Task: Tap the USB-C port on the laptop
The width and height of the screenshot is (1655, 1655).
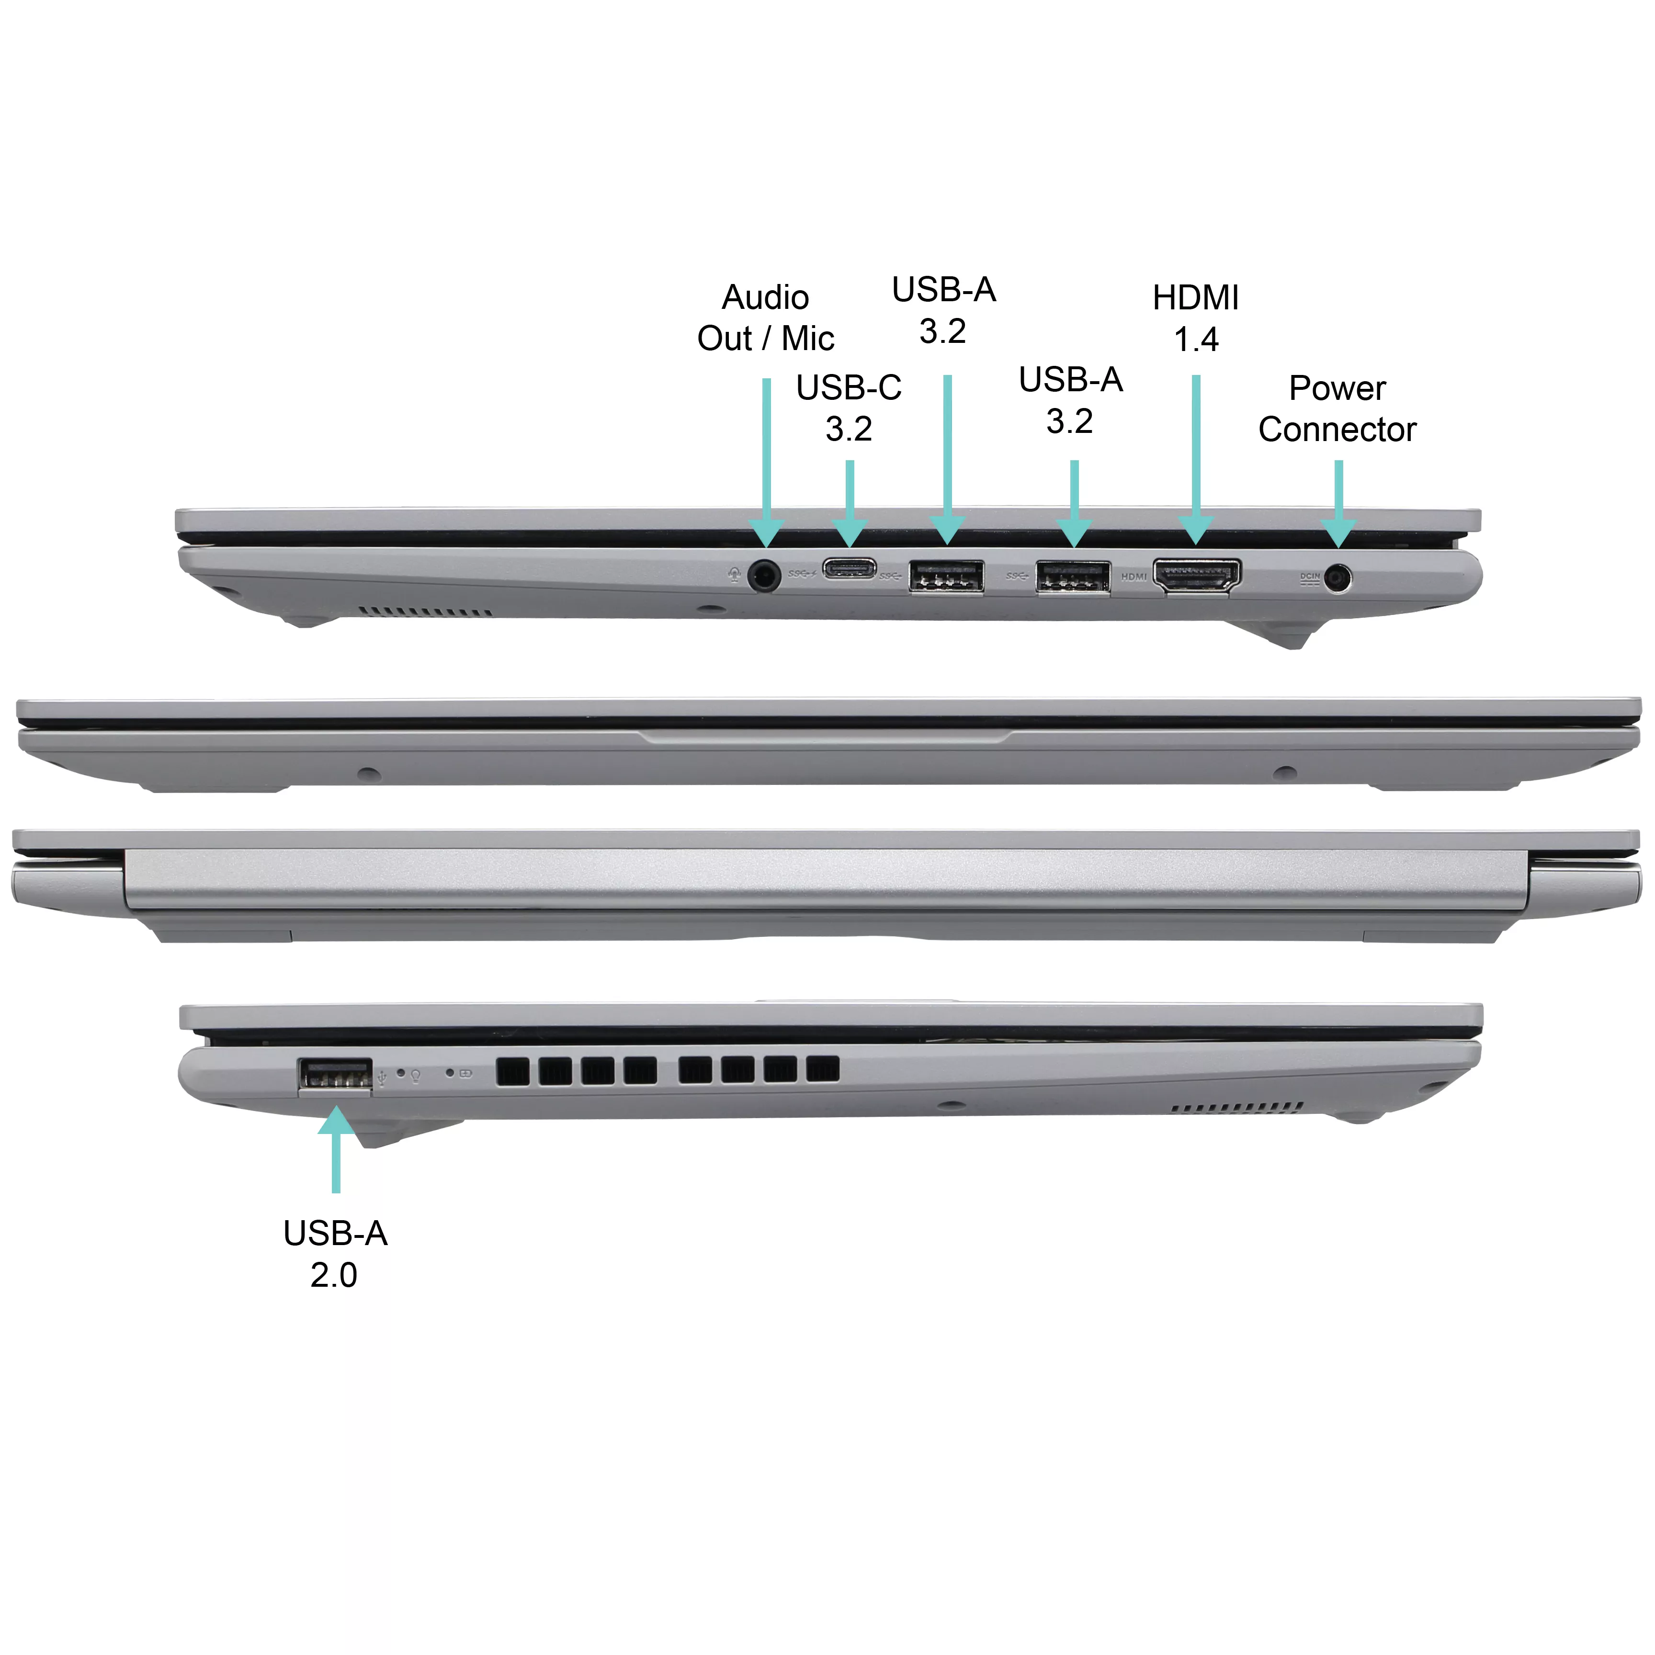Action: [x=849, y=568]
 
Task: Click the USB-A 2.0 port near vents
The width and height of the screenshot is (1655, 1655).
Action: [x=335, y=1075]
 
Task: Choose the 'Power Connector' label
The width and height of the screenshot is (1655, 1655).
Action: [x=1337, y=408]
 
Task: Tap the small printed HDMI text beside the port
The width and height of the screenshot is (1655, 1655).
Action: [x=1134, y=577]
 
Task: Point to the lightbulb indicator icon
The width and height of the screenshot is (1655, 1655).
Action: [x=416, y=1075]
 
